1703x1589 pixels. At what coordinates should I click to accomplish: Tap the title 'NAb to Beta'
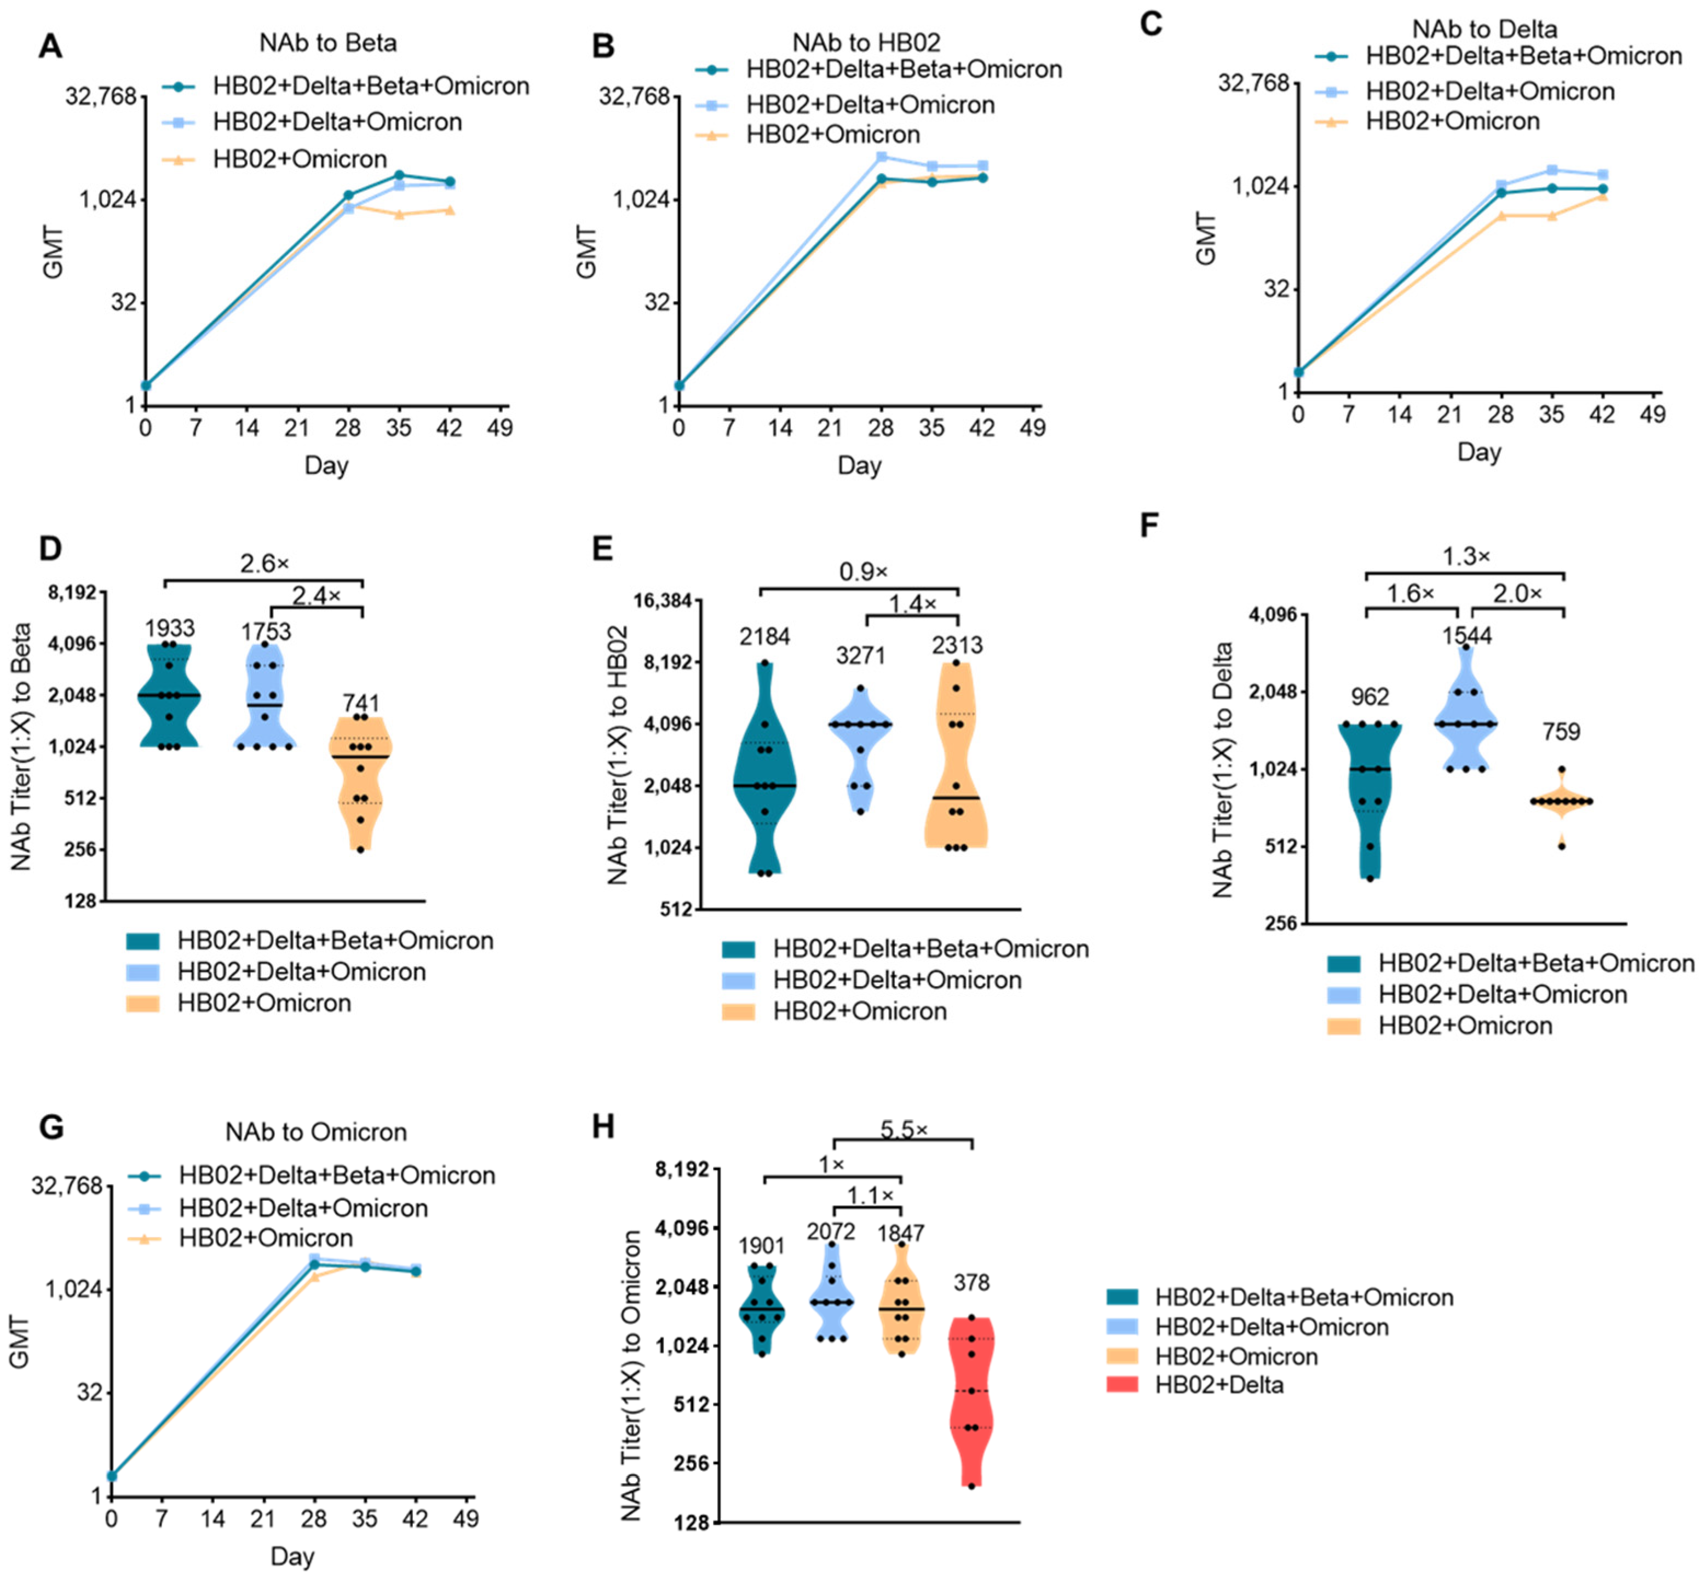click(x=328, y=43)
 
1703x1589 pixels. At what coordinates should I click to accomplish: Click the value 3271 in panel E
click(x=861, y=655)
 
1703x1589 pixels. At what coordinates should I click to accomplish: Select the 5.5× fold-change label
click(x=904, y=1129)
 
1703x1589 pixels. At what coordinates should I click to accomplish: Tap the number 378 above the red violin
click(x=971, y=1282)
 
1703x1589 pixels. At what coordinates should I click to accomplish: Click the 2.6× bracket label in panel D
click(x=264, y=563)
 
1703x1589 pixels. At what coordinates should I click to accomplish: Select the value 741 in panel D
click(x=361, y=703)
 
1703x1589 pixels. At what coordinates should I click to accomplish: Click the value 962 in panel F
click(x=1369, y=696)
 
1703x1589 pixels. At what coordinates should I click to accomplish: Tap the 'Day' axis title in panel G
click(x=292, y=1556)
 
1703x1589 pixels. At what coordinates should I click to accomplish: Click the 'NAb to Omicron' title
click(x=316, y=1132)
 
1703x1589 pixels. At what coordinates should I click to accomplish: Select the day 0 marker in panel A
click(x=146, y=384)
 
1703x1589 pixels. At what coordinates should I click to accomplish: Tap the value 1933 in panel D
click(x=170, y=628)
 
